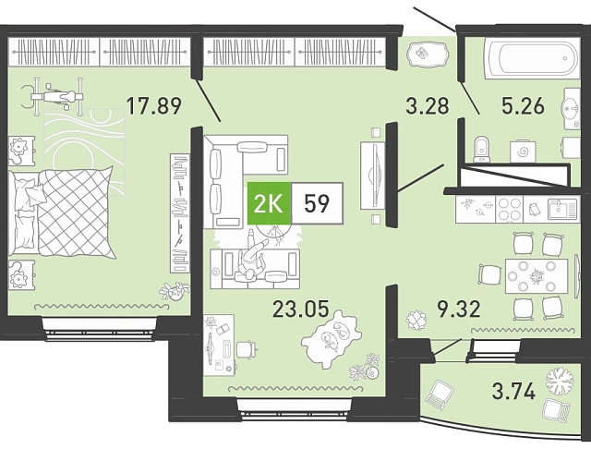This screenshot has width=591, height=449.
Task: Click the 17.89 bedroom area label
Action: tap(154, 105)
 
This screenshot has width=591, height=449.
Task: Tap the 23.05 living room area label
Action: tap(300, 309)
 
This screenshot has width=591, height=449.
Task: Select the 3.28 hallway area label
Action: tap(428, 105)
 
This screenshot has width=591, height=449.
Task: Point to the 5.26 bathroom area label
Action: tap(523, 105)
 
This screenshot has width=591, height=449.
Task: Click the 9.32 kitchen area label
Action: tap(459, 309)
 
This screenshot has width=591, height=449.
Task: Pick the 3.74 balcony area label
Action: tap(513, 391)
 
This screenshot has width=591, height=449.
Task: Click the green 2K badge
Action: tap(269, 203)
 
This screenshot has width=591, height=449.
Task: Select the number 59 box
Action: tap(317, 203)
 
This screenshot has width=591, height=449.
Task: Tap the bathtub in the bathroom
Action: tap(533, 58)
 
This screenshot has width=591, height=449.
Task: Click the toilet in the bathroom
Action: tap(481, 149)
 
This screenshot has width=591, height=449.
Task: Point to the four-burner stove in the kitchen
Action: tap(509, 210)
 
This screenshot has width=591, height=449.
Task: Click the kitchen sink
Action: tap(562, 209)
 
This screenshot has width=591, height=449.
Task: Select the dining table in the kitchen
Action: tap(537, 276)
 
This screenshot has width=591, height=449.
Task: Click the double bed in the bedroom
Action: tap(62, 212)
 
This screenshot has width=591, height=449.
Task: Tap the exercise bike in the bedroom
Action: tap(52, 97)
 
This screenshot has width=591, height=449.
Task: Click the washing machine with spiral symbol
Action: tap(523, 152)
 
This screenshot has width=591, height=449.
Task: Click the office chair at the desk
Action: tap(247, 349)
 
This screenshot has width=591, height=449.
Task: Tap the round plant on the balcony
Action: tap(560, 381)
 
